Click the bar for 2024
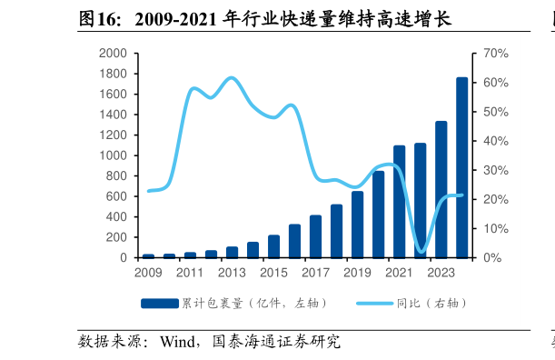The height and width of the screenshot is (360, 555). [462, 168]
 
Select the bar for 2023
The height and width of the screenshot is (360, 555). [441, 189]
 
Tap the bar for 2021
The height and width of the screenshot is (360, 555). [400, 202]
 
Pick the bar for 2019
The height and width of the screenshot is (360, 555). [358, 225]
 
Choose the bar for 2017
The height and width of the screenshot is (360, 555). [316, 236]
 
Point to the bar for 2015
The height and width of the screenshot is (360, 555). [273, 246]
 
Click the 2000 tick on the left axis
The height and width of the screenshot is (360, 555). [114, 54]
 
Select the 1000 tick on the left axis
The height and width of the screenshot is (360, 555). [114, 155]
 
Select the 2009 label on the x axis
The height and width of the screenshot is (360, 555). [148, 272]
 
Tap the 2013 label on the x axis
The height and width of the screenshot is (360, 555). [232, 272]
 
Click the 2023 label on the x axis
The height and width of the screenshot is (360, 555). [441, 272]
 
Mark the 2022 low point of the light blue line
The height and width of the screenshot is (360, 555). [421, 251]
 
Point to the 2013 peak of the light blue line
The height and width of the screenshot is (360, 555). [232, 78]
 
